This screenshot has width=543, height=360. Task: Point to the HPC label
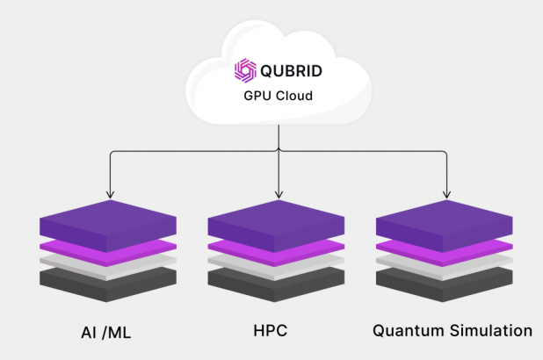271,331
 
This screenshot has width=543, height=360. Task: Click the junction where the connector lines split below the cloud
278,151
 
